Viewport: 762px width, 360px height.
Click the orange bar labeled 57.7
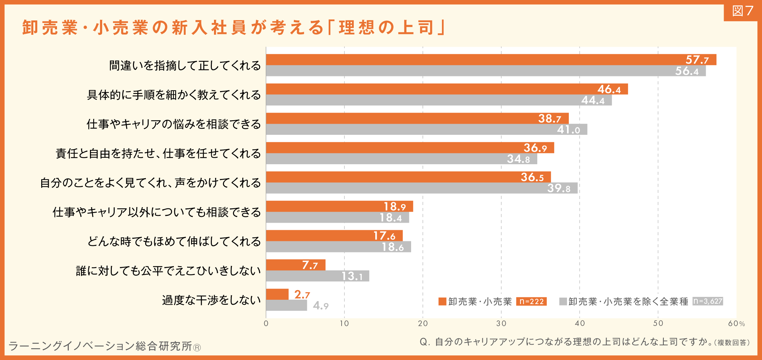click(x=491, y=60)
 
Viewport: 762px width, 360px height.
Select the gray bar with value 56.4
click(x=486, y=71)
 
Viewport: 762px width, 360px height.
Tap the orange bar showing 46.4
click(x=447, y=89)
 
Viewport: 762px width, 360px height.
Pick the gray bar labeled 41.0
click(x=427, y=129)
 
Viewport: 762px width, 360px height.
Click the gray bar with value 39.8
click(x=422, y=188)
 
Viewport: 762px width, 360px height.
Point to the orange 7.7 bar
click(x=296, y=265)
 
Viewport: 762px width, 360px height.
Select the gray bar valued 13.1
click(x=318, y=276)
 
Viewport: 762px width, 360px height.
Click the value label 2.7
click(x=302, y=295)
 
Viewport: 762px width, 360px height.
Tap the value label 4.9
click(x=321, y=306)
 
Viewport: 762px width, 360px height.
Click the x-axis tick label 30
click(x=501, y=323)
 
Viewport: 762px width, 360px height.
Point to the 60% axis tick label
click(x=737, y=323)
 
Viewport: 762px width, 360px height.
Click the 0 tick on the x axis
click(x=266, y=323)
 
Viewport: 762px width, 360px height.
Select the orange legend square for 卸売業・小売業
click(x=442, y=302)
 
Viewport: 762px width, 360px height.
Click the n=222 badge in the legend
click(x=532, y=302)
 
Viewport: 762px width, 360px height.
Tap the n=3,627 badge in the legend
click(x=708, y=301)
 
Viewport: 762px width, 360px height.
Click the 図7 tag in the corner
click(x=743, y=11)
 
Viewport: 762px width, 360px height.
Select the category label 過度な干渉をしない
click(x=211, y=300)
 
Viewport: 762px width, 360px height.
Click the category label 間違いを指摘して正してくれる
click(x=185, y=66)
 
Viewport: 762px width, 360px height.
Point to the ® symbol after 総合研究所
click(x=197, y=347)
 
